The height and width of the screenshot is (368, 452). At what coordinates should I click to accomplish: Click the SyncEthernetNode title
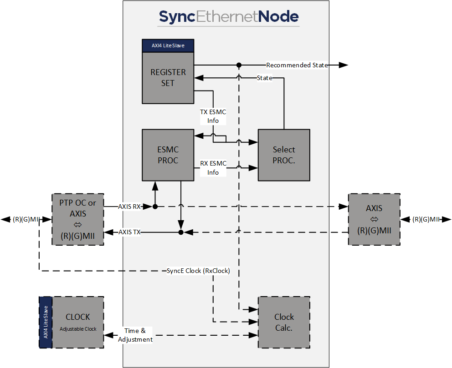coord(229,17)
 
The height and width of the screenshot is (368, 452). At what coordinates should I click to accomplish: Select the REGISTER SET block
coord(168,78)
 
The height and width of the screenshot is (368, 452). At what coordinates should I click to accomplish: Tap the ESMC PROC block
coord(168,155)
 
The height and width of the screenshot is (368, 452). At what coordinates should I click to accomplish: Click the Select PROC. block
coord(284,155)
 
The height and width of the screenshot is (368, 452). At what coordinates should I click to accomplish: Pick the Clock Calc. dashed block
coord(284,323)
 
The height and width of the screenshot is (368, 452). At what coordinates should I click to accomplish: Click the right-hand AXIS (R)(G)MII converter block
coord(374,219)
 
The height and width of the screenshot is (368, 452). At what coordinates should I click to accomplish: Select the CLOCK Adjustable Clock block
coord(78,322)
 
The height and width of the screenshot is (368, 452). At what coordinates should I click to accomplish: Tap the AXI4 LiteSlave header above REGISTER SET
coord(168,45)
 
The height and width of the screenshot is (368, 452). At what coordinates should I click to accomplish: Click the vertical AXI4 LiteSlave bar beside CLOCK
coord(46,322)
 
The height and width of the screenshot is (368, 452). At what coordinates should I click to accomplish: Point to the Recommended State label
coord(297,65)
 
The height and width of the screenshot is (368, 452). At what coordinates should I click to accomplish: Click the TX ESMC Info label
coord(213,116)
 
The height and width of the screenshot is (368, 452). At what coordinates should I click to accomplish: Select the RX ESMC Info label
coord(213,168)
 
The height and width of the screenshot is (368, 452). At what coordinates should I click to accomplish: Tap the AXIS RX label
coord(129,207)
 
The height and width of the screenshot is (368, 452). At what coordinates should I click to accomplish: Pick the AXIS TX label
coord(129,232)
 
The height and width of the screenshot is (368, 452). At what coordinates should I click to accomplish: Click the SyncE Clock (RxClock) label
coord(198,271)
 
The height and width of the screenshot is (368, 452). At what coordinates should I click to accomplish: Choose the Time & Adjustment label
coord(135,335)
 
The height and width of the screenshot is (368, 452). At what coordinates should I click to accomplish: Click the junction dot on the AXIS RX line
coord(155,207)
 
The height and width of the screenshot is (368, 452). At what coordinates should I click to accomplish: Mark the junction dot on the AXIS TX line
coord(181,232)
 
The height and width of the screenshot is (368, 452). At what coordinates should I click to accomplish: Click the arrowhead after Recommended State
coord(344,65)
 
